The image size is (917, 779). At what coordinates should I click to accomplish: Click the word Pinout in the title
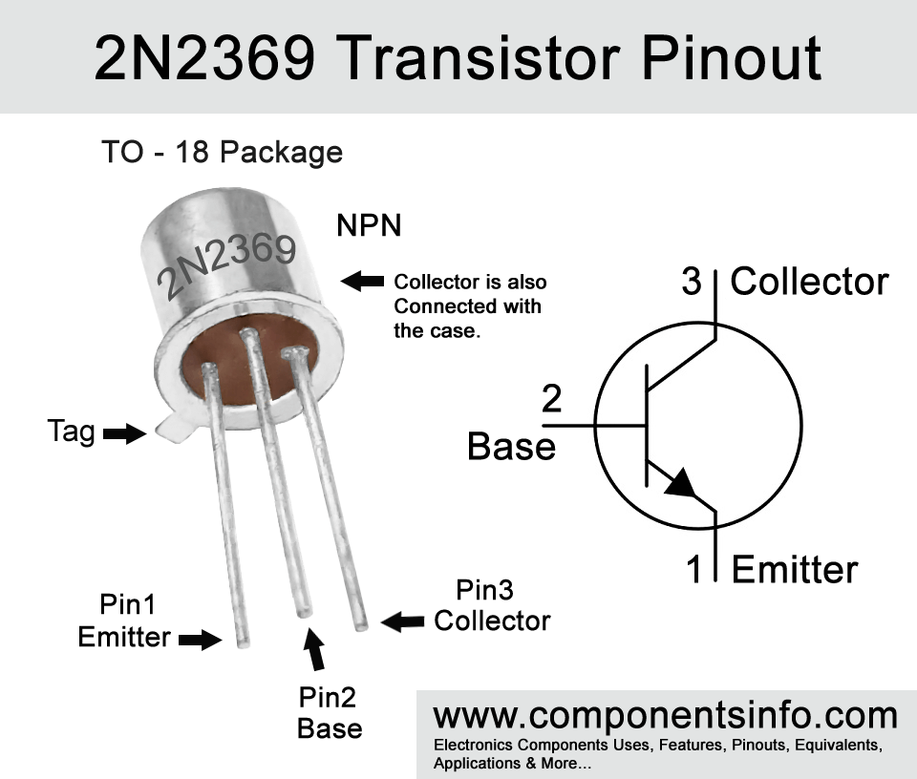pyautogui.click(x=732, y=57)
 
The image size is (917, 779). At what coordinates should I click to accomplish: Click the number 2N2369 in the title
pyautogui.click(x=204, y=57)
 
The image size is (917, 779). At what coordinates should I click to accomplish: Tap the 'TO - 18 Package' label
pyautogui.click(x=223, y=152)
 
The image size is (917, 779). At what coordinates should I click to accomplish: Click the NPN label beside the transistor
pyautogui.click(x=369, y=225)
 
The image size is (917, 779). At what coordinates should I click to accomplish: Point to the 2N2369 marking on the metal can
pyautogui.click(x=227, y=266)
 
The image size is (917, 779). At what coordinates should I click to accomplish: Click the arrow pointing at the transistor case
pyautogui.click(x=362, y=281)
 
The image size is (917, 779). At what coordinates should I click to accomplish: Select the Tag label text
pyautogui.click(x=72, y=432)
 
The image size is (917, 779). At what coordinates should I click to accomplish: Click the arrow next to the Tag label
pyautogui.click(x=124, y=433)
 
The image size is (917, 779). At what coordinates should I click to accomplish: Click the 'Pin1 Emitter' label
pyautogui.click(x=124, y=621)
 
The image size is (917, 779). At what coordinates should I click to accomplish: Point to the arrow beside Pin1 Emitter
pyautogui.click(x=200, y=640)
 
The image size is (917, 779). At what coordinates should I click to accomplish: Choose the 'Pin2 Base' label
pyautogui.click(x=330, y=713)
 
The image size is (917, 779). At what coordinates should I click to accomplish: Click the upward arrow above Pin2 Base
pyautogui.click(x=315, y=648)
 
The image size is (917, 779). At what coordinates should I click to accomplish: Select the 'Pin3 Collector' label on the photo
pyautogui.click(x=492, y=605)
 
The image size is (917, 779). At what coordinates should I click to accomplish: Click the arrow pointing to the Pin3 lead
pyautogui.click(x=402, y=621)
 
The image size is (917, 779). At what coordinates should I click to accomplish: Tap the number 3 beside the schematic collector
pyautogui.click(x=692, y=281)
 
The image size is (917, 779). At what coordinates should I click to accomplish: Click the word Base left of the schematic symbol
pyautogui.click(x=511, y=447)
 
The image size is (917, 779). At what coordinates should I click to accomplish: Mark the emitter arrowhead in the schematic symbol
pyautogui.click(x=682, y=483)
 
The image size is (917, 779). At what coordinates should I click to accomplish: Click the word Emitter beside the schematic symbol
pyautogui.click(x=794, y=569)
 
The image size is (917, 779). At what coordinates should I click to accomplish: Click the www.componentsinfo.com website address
pyautogui.click(x=666, y=715)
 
